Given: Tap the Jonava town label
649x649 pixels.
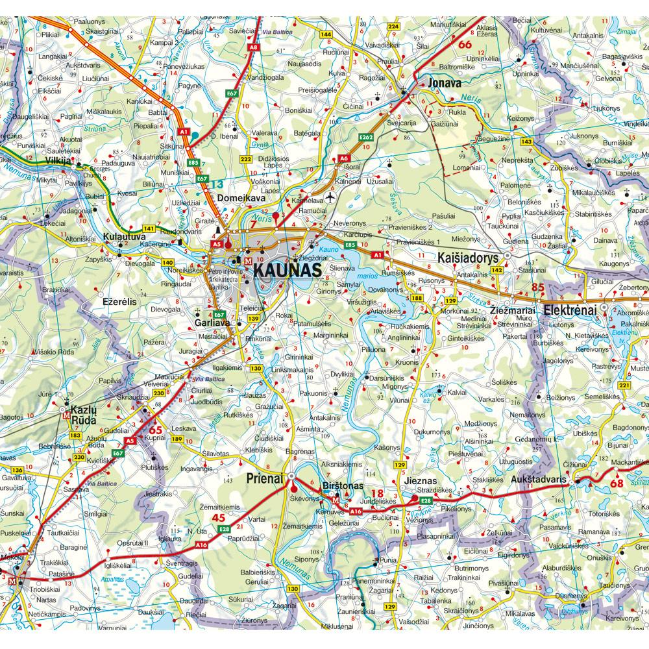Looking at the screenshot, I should click(445, 83).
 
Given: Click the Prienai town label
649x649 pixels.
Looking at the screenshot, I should click(266, 478).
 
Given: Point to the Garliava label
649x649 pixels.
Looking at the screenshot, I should click(214, 321).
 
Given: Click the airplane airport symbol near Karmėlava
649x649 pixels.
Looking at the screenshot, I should click(329, 197).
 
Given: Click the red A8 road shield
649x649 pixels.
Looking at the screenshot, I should click(254, 47).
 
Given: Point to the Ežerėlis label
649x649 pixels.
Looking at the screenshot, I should click(120, 302).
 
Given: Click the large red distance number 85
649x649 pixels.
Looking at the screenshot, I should click(537, 286).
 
